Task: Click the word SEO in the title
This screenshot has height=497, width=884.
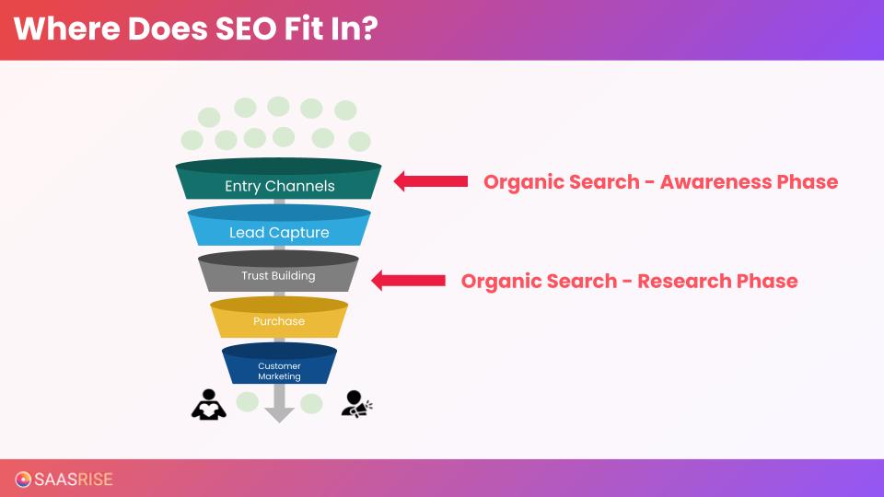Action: coord(244,29)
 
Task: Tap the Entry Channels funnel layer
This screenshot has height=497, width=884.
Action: coord(279,186)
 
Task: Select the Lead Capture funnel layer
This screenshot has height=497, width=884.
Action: coord(279,233)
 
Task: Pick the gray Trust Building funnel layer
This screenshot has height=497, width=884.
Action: coord(278,276)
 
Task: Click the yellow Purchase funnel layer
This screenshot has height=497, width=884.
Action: coord(278,321)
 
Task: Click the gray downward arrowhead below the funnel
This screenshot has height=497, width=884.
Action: coord(279,411)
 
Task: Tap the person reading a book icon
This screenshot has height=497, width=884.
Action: coord(208,404)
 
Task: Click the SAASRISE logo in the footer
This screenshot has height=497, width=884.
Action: coord(64,479)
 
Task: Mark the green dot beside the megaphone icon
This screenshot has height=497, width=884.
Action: coord(311,403)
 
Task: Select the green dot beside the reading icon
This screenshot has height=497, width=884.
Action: coord(248,402)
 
